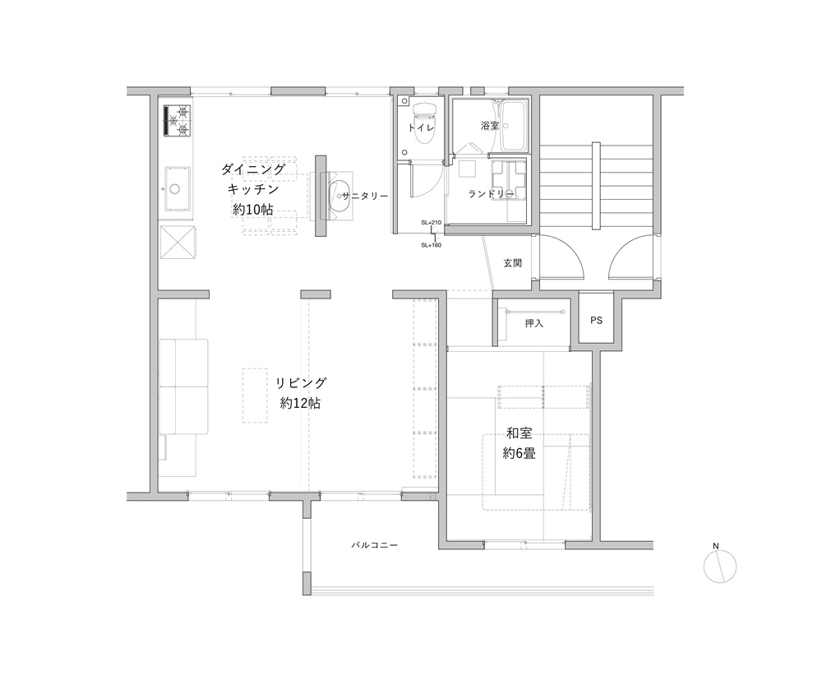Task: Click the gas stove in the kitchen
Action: coord(177,121)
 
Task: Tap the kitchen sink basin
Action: coord(178,188)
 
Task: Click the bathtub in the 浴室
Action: coord(514,126)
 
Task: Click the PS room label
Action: coord(596,321)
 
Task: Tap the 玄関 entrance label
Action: coord(512,263)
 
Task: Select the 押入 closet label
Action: coord(533,324)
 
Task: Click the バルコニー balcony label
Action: coord(374,545)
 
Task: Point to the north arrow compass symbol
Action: coord(720,566)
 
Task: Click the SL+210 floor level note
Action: coord(431,222)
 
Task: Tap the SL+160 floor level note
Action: coord(431,245)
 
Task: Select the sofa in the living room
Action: coord(183,386)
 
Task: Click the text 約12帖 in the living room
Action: coord(300,403)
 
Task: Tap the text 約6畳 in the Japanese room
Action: coord(519,453)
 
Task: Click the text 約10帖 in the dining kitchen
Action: coord(253,209)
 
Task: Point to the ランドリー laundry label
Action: coord(492,194)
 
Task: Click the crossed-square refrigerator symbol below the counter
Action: coord(178,242)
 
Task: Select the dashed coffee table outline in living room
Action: coord(256,396)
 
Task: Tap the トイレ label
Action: coord(421,127)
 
